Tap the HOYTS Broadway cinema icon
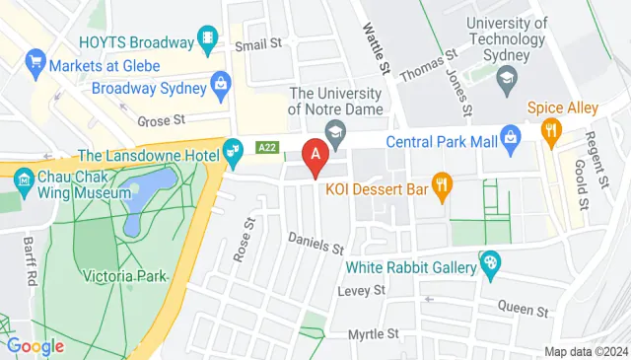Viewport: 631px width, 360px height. click(208, 40)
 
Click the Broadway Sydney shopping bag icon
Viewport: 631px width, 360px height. click(220, 87)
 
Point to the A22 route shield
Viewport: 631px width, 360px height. click(266, 147)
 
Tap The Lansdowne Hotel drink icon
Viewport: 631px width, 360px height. click(233, 153)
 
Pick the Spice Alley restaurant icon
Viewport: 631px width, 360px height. click(550, 129)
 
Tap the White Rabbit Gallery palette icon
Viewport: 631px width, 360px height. click(488, 262)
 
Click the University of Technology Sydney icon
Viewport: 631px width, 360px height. click(506, 77)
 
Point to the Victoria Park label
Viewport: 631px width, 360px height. click(124, 276)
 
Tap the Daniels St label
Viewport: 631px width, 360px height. click(315, 242)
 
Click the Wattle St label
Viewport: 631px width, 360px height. click(376, 45)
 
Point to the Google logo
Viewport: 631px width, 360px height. click(35, 346)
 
